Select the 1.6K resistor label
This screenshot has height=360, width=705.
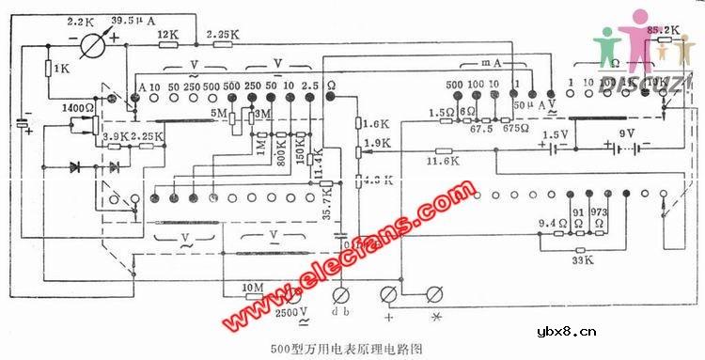click(377, 123)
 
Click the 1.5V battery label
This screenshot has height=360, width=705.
click(559, 135)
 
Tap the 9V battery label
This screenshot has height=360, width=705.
click(624, 133)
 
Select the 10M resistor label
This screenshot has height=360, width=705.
click(253, 286)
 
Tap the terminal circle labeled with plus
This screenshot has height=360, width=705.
click(387, 294)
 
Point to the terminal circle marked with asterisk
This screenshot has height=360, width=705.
click(434, 294)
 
